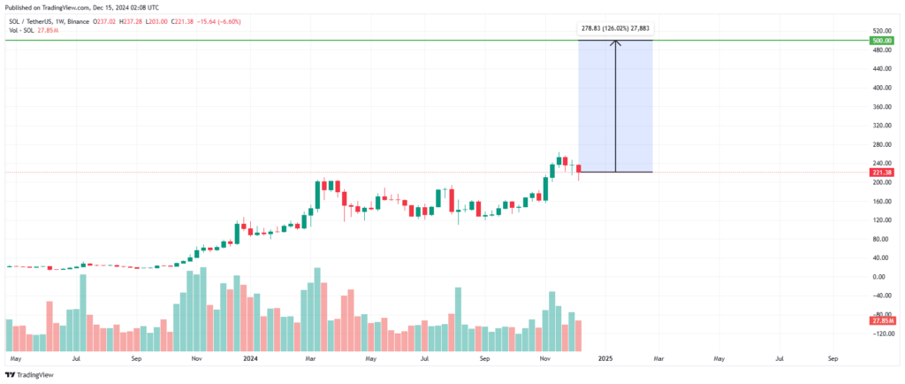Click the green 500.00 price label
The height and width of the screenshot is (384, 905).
(881, 41)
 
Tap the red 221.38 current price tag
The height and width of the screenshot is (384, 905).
(881, 173)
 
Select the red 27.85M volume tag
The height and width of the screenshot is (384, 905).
(881, 320)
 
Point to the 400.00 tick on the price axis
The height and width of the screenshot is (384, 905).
(879, 88)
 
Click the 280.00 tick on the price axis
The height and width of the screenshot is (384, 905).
(879, 145)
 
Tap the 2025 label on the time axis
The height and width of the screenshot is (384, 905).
(605, 360)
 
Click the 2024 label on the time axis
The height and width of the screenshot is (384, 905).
(251, 360)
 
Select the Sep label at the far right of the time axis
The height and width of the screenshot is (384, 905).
(833, 360)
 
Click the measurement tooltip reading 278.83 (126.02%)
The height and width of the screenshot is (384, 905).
(615, 28)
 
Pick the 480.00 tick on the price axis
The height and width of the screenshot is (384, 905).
(879, 50)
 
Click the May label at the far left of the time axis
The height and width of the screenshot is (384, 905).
(15, 360)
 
